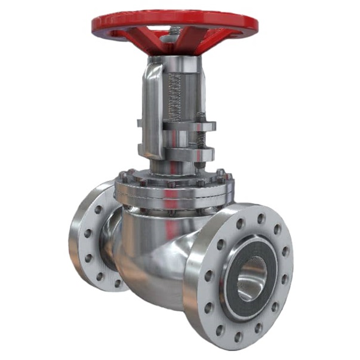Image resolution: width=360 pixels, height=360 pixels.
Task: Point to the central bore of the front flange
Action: click(251, 277)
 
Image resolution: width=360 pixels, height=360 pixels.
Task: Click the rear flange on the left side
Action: click(84, 239)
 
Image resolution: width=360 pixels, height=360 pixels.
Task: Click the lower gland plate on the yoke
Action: click(179, 153)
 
